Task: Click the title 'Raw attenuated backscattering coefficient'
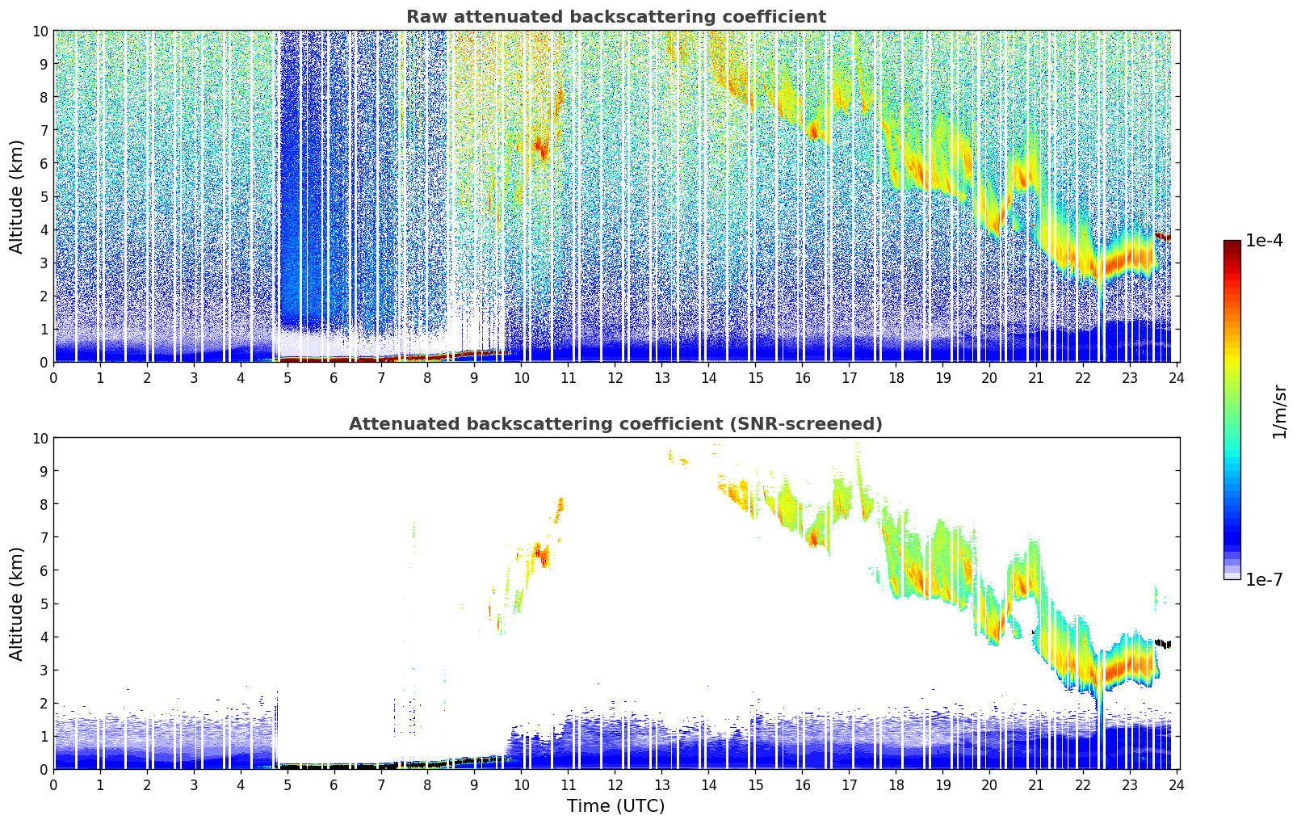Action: (x=615, y=17)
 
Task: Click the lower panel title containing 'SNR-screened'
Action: (x=615, y=424)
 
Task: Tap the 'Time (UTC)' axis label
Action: (x=615, y=805)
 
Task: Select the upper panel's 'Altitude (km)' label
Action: (x=17, y=196)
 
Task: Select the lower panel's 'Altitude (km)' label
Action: (x=17, y=603)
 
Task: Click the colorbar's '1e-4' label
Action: (x=1264, y=241)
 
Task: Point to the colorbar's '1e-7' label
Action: (x=1264, y=579)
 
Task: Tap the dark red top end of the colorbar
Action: (x=1232, y=244)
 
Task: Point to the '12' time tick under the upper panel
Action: (x=615, y=377)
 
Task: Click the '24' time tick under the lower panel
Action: (x=1177, y=784)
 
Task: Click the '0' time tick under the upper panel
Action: (x=54, y=377)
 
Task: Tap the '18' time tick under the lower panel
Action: (x=896, y=784)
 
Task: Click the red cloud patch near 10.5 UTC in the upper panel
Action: (x=541, y=148)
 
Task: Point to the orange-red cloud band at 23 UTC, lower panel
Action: (x=1131, y=666)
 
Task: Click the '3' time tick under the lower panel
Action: (x=194, y=784)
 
